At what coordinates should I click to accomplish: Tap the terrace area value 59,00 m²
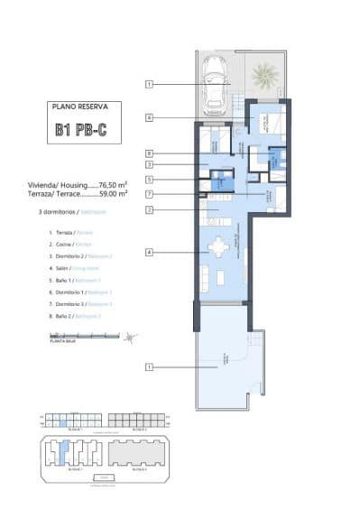[x=112, y=193]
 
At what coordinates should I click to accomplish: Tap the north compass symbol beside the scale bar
[x=132, y=338]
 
